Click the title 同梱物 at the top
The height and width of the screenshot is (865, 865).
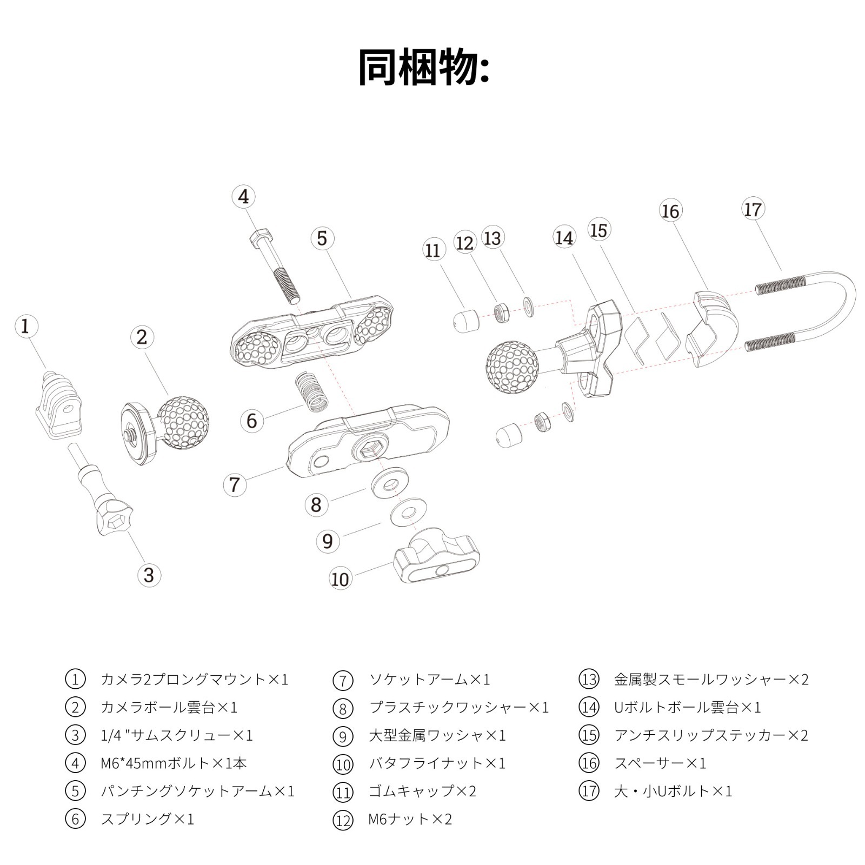424,68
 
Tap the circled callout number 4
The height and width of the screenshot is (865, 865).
244,197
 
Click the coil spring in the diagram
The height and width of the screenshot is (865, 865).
311,390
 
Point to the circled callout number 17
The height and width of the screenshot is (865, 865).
753,210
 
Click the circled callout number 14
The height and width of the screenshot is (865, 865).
564,238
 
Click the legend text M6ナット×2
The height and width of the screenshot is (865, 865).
410,819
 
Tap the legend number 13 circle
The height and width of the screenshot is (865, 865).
589,679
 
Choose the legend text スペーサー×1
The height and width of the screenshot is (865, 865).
660,763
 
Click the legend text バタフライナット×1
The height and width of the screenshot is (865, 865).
437,763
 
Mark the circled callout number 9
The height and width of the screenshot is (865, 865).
328,541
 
